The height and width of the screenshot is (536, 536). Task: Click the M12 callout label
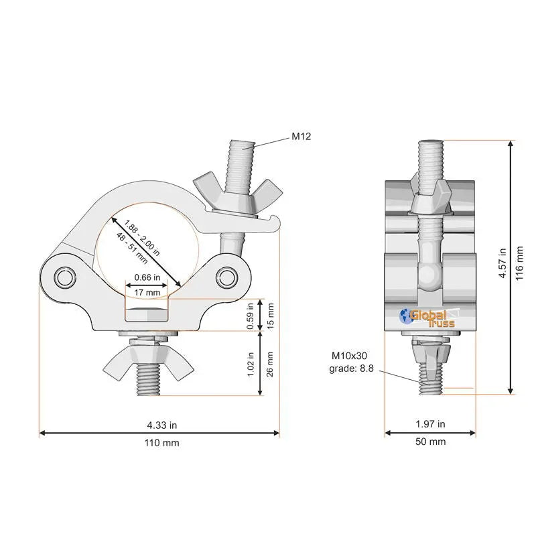(301, 137)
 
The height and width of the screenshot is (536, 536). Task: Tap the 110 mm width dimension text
(161, 443)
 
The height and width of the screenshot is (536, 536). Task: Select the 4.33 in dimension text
(161, 425)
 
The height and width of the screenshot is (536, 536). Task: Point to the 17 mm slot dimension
(147, 293)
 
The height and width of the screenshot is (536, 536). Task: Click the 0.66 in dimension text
(147, 277)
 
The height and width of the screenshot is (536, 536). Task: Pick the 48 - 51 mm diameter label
(132, 248)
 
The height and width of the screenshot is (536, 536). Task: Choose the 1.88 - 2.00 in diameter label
(142, 238)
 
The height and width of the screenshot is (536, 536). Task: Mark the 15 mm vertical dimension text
(270, 316)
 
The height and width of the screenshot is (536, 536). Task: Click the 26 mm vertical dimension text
(270, 364)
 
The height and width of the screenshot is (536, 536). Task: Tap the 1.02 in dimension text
(251, 364)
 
